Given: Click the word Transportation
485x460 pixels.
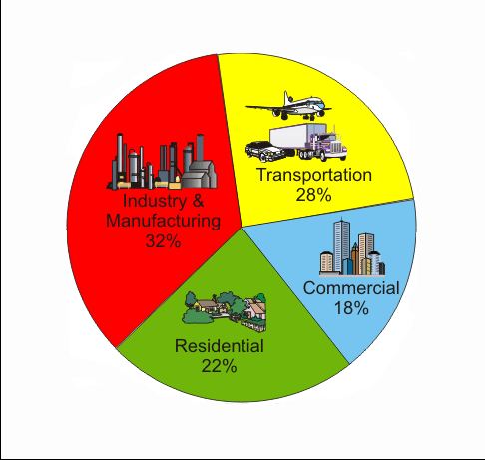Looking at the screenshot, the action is pos(314,175).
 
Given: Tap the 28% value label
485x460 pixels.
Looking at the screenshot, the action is pos(313,195).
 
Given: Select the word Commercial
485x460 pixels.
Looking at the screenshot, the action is pos(351,288).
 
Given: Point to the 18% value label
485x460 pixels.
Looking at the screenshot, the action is pos(351,308).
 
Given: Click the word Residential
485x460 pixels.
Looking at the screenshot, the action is pos(220,346).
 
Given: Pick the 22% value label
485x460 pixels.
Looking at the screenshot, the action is pos(220,366).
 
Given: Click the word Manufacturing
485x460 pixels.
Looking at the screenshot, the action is pos(163,221).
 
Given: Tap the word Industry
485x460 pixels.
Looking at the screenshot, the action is pos(155,202).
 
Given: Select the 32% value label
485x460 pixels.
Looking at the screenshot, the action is pos(163,241).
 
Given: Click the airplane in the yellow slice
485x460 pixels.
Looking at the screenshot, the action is pos(288,106).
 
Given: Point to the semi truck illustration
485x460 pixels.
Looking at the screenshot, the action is pos(308,142).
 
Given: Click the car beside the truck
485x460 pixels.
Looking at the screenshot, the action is pos(265,152).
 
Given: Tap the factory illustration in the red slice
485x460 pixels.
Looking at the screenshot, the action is pos(162,162).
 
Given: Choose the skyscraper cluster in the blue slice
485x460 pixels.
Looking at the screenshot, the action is pos(352,247).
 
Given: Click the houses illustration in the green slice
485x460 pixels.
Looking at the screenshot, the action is pos(225,311).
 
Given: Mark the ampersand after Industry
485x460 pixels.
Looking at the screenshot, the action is pos(198,202).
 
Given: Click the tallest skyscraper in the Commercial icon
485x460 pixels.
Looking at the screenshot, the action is pos(341,246).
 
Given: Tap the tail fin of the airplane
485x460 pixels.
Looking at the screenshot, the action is pos(287,98).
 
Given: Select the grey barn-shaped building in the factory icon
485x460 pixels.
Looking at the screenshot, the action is pos(200,175).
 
